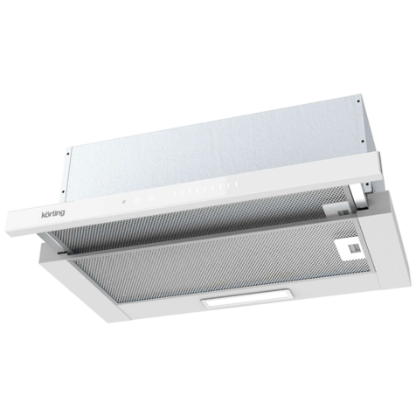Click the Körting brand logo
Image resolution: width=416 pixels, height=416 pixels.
(x=53, y=213)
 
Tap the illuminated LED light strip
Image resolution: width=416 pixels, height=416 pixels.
(x=246, y=299)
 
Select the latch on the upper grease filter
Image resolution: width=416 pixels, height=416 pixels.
(x=340, y=211)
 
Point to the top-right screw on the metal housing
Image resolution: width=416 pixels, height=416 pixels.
(x=358, y=101)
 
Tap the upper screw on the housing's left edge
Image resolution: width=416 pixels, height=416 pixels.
(x=68, y=154)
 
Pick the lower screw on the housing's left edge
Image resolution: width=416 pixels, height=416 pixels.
(x=63, y=191)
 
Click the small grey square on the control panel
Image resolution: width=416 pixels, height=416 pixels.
(x=124, y=201)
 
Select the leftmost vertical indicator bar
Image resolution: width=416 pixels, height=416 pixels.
(x=174, y=194)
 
